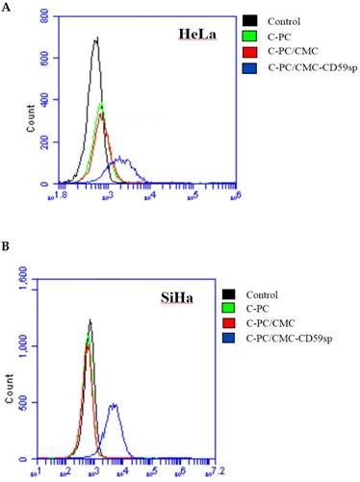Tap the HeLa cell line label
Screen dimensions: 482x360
tap(197, 35)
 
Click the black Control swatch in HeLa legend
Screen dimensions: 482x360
tap(251, 20)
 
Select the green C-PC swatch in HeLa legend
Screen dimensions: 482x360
tap(251, 36)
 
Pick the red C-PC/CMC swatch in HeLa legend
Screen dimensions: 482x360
tap(251, 50)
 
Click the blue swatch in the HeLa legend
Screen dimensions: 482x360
tap(251, 65)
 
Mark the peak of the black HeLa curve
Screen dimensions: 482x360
tap(95, 39)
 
